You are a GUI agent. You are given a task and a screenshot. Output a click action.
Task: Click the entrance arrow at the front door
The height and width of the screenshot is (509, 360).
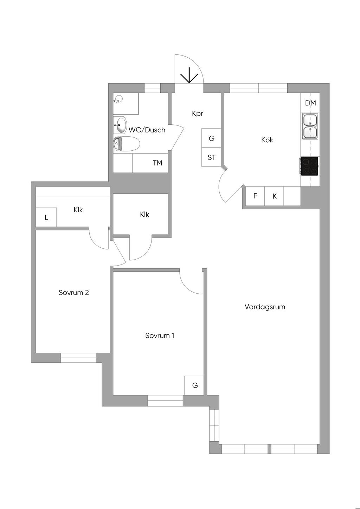pyautogui.click(x=189, y=76)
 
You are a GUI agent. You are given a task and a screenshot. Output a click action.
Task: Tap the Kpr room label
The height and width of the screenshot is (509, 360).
pyautogui.click(x=198, y=113)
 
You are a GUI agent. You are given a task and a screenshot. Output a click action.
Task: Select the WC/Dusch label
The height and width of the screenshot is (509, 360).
pyautogui.click(x=147, y=130)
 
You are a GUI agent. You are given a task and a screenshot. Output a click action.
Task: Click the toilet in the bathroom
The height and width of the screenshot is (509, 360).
pyautogui.click(x=127, y=144)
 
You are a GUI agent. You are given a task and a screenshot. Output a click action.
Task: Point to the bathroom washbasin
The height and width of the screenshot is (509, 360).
pyautogui.click(x=121, y=125)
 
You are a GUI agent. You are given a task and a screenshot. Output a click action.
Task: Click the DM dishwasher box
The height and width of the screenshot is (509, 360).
pyautogui.click(x=310, y=103)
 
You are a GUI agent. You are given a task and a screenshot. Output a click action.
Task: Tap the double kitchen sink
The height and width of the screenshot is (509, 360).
pyautogui.click(x=310, y=126)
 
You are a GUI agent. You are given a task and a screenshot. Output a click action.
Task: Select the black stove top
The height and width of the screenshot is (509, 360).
pyautogui.click(x=309, y=166)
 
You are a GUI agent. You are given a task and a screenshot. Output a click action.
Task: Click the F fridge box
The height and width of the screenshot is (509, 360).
pyautogui.click(x=255, y=196)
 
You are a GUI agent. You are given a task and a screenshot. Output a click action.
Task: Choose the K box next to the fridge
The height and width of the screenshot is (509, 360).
pyautogui.click(x=275, y=196)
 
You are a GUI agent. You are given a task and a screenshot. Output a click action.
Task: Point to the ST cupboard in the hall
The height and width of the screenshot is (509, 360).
pyautogui.click(x=211, y=157)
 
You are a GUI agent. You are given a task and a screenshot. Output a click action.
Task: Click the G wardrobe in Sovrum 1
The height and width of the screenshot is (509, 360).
pyautogui.click(x=195, y=385)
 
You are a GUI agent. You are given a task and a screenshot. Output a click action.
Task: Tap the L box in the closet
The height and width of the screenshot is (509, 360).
pyautogui.click(x=46, y=218)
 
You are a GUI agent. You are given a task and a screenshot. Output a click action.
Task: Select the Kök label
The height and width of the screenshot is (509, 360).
pyautogui.click(x=267, y=140)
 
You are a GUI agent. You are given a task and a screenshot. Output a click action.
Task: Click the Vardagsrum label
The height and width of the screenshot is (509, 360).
pyautogui.click(x=265, y=307)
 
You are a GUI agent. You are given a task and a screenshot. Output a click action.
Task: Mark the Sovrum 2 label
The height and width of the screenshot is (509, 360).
pyautogui.click(x=73, y=292)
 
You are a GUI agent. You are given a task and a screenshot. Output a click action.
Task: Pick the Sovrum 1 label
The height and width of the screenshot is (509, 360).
pyautogui.click(x=160, y=335)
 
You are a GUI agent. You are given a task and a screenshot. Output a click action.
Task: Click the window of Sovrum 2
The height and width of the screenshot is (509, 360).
pyautogui.click(x=78, y=358)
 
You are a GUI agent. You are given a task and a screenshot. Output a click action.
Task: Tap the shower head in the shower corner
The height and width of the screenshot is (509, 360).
pyautogui.click(x=118, y=99)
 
